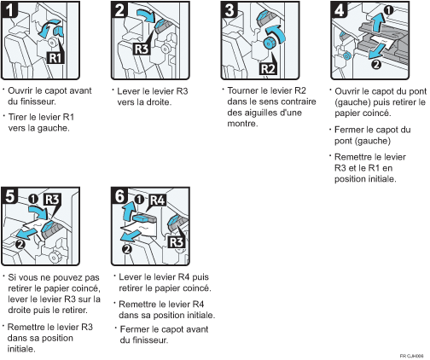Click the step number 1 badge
point(9,9)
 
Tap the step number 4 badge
point(339,9)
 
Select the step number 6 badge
point(119,196)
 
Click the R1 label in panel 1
point(55,58)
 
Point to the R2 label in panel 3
point(268,69)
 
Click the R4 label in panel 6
point(157,200)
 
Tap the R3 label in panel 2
point(142,49)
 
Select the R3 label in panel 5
point(52,200)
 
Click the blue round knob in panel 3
point(268,44)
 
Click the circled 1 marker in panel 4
point(388,10)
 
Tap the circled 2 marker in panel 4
point(375,65)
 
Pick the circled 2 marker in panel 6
point(127,249)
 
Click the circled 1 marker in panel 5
point(33,199)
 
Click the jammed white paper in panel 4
point(381,42)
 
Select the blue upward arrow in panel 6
point(127,211)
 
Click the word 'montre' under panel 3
point(241,124)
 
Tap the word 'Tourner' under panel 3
point(243,90)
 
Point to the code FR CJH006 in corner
point(411,356)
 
